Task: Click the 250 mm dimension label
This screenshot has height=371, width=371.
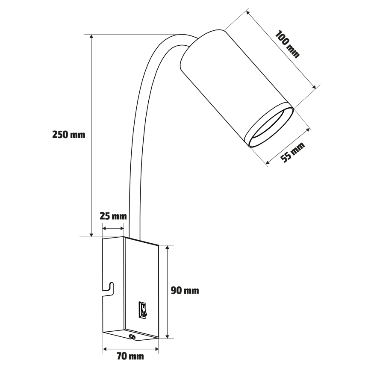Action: tap(68, 135)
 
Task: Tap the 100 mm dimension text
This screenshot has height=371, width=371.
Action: tap(287, 44)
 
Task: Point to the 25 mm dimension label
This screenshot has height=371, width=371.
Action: tap(113, 216)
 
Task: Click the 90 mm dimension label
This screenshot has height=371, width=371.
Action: tap(185, 291)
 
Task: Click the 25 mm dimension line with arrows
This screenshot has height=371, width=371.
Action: tap(114, 229)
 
